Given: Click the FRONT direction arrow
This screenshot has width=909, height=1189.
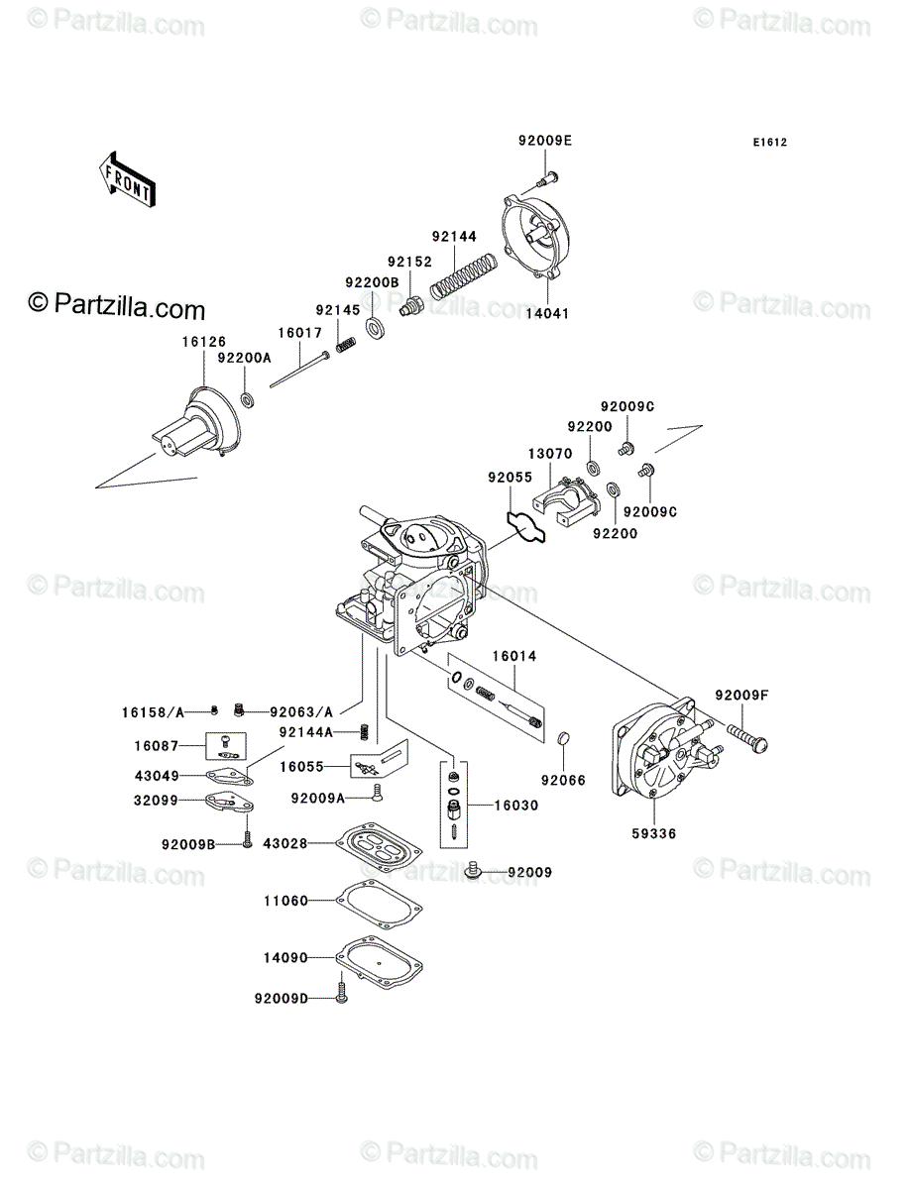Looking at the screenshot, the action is [127, 178].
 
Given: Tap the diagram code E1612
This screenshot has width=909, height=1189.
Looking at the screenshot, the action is [769, 143].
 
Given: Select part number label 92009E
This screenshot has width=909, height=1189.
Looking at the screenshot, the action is [545, 141].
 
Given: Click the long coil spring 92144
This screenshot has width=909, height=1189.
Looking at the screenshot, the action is [463, 276].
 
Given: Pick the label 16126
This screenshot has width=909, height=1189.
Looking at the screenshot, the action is [203, 342].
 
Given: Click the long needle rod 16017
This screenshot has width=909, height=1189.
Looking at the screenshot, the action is [299, 370].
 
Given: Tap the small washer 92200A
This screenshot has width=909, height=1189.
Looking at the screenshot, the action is [248, 401].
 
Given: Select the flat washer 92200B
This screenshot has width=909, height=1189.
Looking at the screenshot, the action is [374, 327].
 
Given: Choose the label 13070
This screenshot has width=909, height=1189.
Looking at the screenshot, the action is [550, 454].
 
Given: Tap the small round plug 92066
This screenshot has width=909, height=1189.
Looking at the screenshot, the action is [564, 738].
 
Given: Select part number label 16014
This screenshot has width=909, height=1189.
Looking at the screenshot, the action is [514, 656].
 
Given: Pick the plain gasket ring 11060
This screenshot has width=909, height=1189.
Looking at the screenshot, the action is [379, 902].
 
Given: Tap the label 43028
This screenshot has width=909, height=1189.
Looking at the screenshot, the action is [284, 843].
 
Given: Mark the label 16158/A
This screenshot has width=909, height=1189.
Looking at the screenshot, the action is [153, 712].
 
